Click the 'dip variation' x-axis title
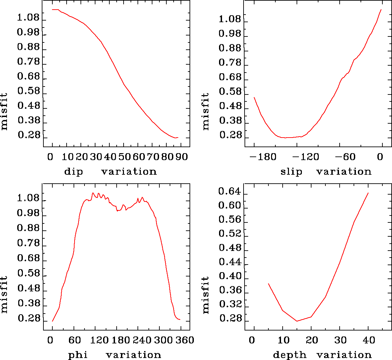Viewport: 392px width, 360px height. coord(110,172)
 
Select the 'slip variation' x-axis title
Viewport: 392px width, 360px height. coord(326,172)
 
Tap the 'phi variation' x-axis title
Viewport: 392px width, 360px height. coord(114,355)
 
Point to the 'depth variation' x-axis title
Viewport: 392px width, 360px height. coord(322,355)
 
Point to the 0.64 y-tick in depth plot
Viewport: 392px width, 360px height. coord(229,191)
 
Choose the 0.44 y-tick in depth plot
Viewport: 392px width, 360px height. coord(229,262)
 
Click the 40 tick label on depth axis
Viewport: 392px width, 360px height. coord(369,340)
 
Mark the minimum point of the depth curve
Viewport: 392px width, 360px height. coord(297,321)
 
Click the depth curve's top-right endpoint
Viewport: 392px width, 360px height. coord(368,193)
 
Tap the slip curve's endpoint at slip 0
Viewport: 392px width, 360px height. coord(381,10)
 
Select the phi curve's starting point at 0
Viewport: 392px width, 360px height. coord(52,321)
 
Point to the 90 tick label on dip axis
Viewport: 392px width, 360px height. coord(182,157)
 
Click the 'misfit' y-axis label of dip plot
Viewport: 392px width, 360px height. coord(4,111)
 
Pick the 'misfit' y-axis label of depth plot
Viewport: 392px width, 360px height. coord(206,295)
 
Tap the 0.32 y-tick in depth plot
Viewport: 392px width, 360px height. coord(229,305)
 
